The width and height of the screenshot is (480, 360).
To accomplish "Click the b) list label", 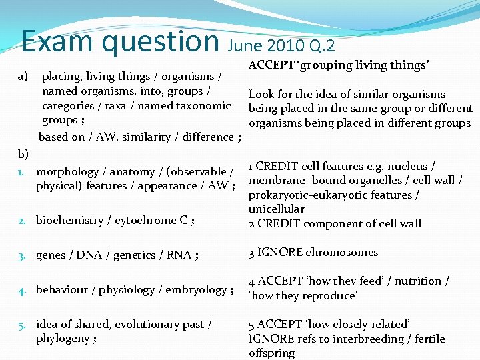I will tap(23, 154).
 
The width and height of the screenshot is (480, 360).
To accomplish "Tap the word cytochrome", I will tap(145, 220).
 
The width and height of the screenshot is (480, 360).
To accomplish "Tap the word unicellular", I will tap(276, 209).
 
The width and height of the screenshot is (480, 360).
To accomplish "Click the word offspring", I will tap(271, 353).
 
